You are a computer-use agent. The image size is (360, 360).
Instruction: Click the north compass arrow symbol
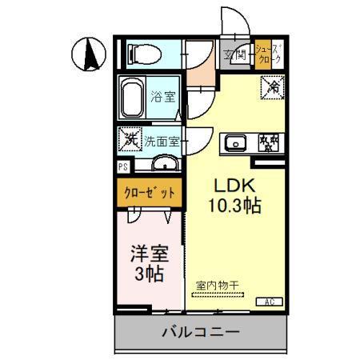point(90,54)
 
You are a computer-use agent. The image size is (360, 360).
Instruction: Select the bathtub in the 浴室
point(135,98)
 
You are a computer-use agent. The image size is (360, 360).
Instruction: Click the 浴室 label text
point(164,98)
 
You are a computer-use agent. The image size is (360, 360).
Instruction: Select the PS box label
point(122,167)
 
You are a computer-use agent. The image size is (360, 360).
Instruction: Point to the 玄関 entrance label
point(236,55)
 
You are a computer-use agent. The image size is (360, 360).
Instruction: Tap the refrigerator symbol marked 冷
point(274,85)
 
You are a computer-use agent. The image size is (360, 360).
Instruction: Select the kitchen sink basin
point(235,144)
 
